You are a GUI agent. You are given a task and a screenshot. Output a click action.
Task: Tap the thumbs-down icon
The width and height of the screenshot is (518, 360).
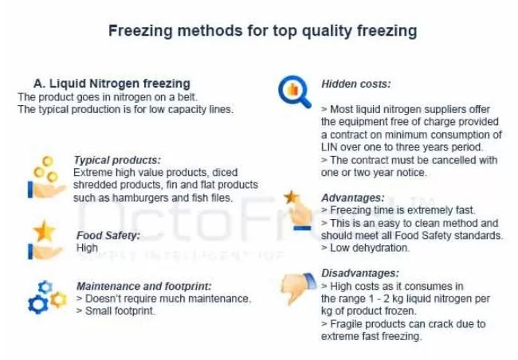pos(298,288)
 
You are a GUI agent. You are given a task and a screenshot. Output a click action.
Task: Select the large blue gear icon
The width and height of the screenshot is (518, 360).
pos(37,304)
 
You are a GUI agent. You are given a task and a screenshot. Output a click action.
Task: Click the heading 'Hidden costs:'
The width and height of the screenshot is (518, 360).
pos(355,84)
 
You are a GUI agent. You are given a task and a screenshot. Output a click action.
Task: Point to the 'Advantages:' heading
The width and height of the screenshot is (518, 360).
pos(353,198)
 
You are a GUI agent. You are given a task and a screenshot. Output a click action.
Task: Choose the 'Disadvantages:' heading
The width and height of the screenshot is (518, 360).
pos(360,273)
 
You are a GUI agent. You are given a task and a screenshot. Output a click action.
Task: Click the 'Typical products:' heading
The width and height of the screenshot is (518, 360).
pos(117,160)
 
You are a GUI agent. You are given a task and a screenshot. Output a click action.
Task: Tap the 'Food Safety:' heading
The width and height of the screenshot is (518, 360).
pos(108,235)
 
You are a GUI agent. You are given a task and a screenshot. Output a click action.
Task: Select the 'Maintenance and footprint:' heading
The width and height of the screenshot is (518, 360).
pos(143,286)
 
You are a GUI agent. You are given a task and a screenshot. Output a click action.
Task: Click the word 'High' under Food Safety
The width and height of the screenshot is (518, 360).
pos(87,248)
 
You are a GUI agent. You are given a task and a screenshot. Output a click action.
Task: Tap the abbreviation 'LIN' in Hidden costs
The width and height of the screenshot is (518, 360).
pos(329,147)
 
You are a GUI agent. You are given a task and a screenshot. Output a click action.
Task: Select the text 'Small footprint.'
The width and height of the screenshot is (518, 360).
pos(120,311)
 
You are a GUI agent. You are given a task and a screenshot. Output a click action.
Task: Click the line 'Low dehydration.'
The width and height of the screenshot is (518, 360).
pos(370,248)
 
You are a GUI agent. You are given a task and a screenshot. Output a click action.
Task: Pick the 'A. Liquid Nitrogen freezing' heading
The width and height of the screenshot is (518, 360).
pos(112,84)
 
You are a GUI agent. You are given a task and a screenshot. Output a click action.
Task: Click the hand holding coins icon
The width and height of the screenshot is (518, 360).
pos(46,178)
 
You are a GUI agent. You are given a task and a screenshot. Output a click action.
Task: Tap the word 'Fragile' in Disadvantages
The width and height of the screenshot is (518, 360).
pos(347,324)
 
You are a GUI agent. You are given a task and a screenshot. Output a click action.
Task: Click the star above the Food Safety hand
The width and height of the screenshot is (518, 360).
pos(45,231)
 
